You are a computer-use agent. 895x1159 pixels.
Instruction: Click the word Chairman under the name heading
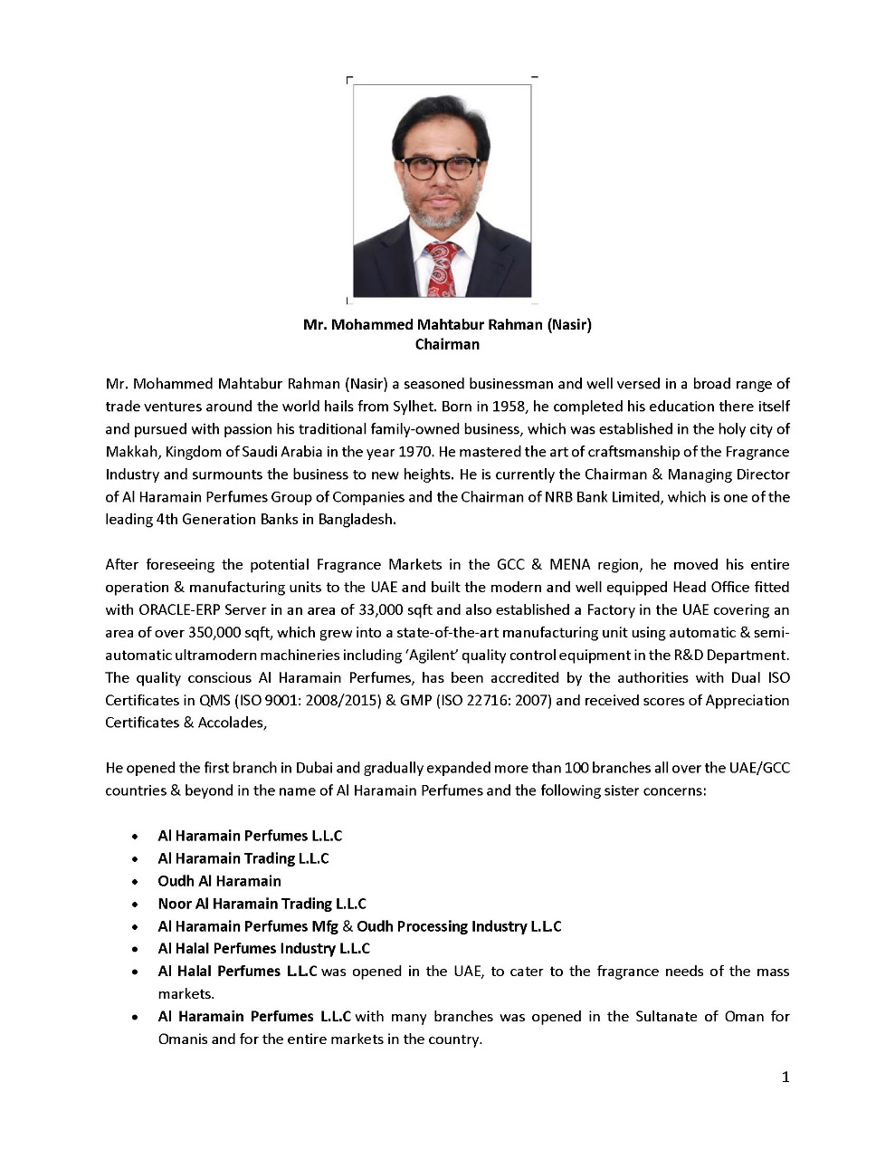tap(447, 344)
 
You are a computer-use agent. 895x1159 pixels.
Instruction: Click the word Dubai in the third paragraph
tap(314, 768)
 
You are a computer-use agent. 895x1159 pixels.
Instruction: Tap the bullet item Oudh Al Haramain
tap(219, 881)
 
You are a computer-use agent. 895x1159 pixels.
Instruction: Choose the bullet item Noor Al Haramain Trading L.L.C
tap(262, 904)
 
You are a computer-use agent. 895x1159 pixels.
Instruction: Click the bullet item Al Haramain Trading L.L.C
tap(243, 858)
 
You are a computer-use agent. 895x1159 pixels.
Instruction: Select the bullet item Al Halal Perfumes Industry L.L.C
tap(263, 949)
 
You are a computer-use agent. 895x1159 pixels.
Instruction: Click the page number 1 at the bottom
tap(786, 1077)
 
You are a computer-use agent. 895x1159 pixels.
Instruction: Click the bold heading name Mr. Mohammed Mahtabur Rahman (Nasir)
tap(447, 324)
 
